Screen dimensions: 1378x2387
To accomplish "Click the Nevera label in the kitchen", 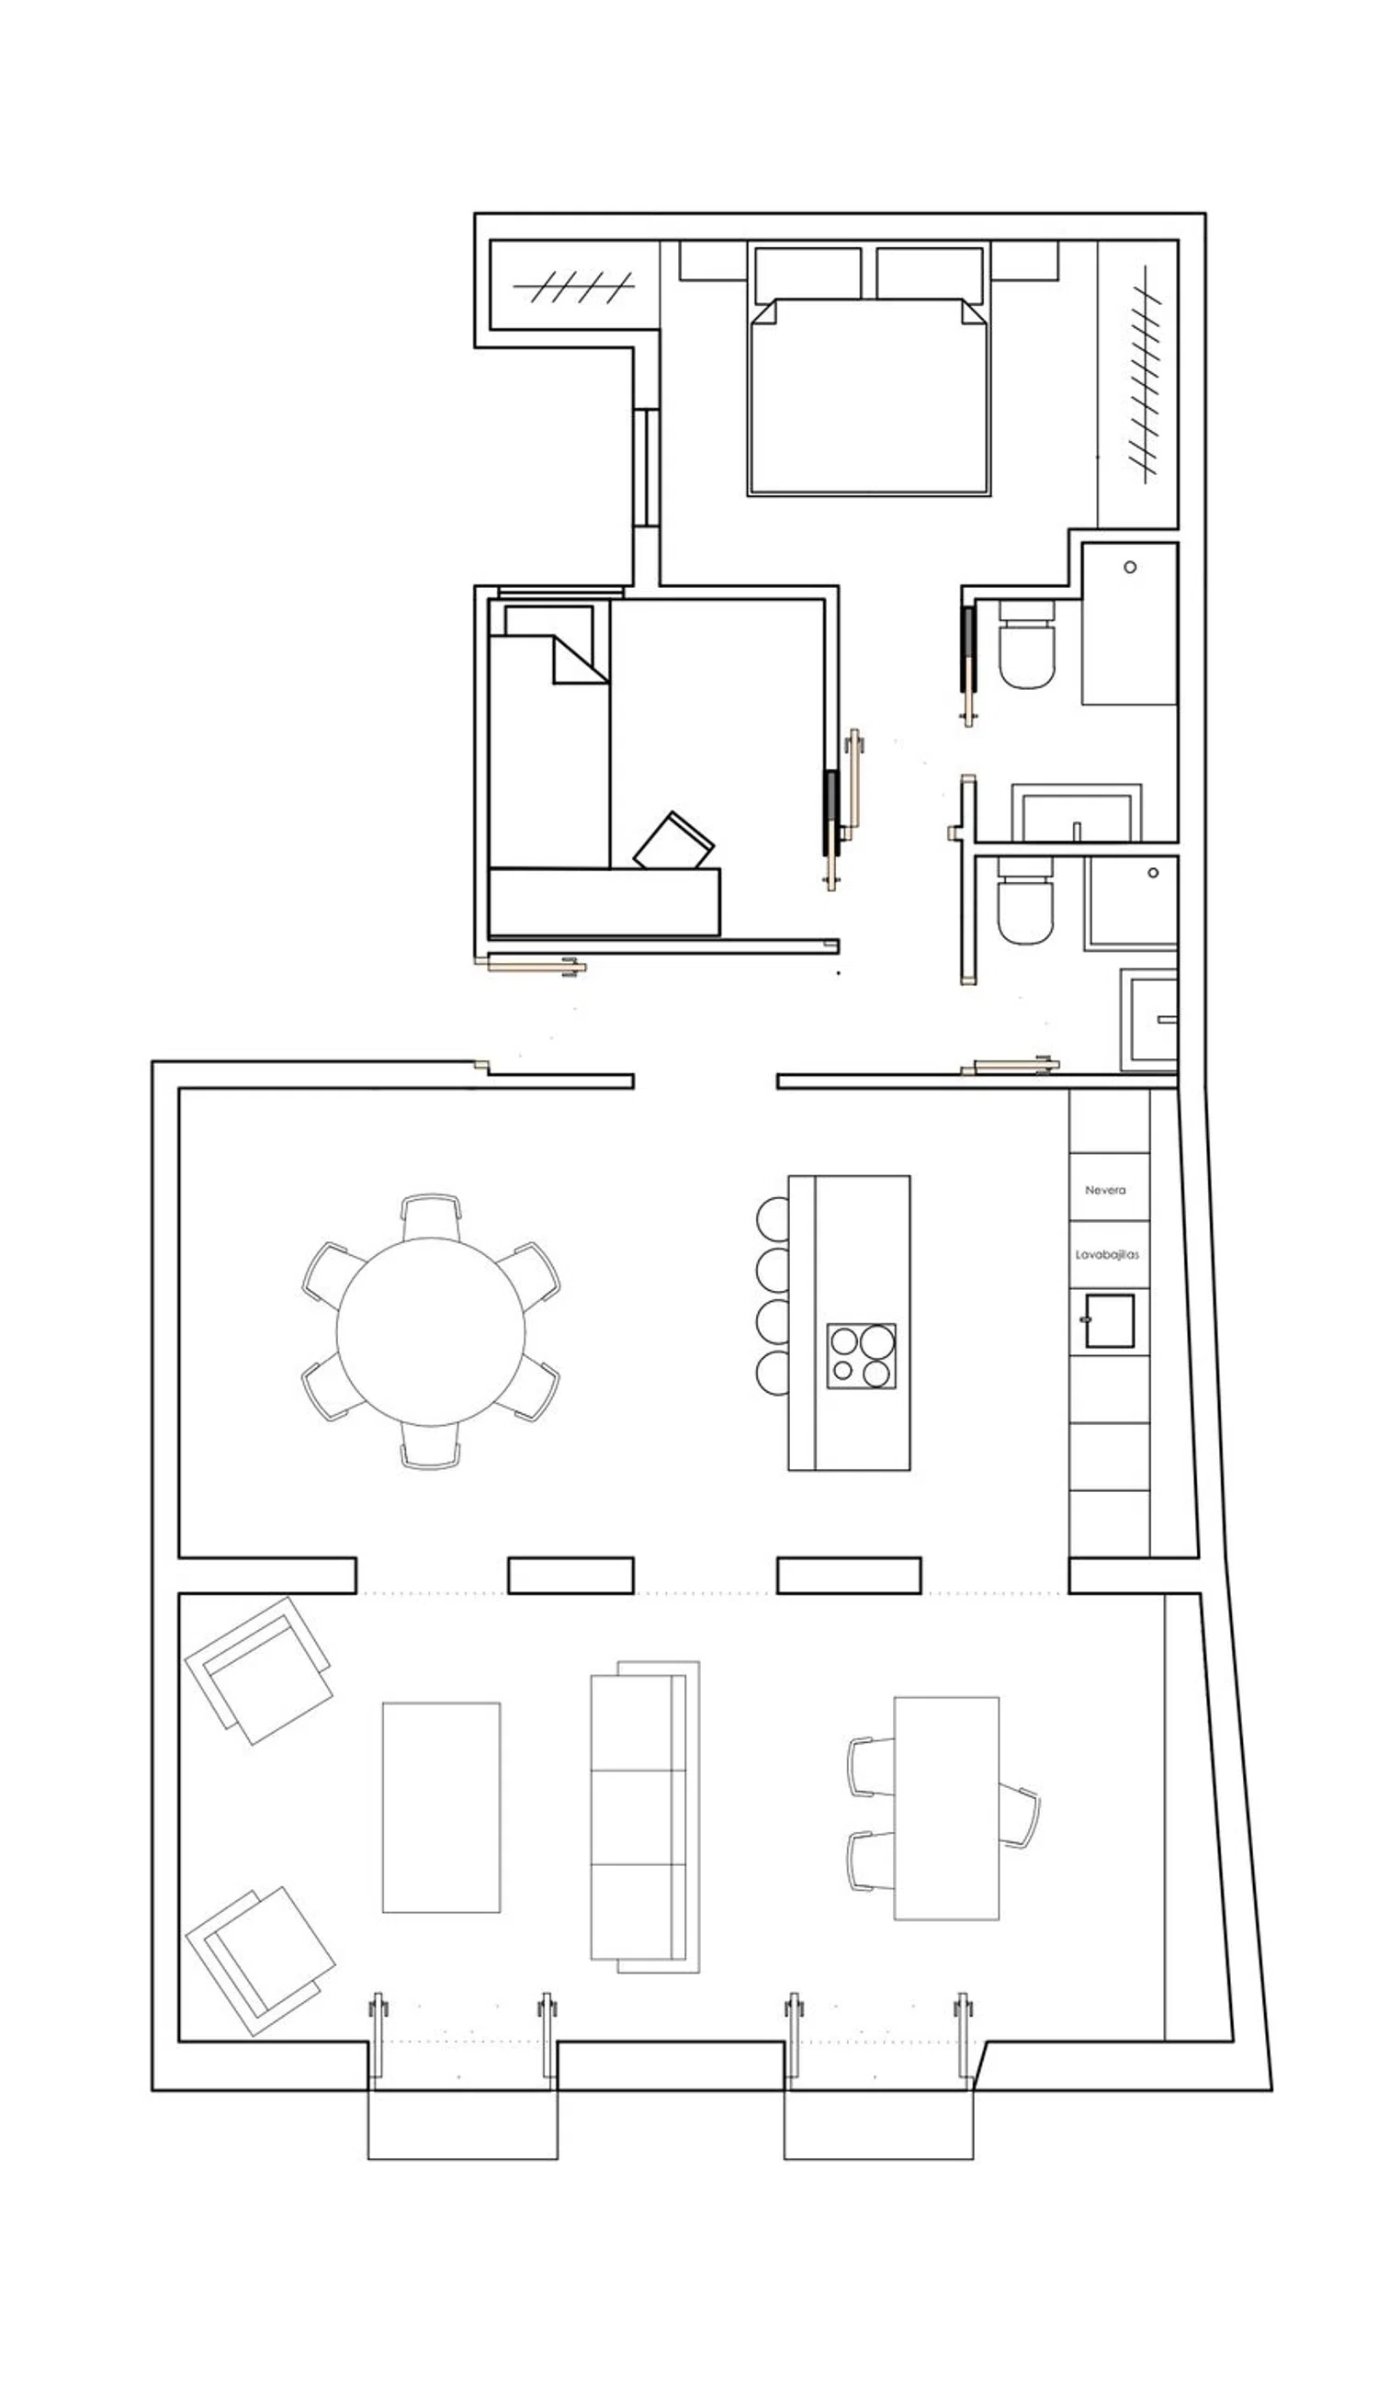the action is pyautogui.click(x=1104, y=1190).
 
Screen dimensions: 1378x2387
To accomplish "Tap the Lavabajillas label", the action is pyautogui.click(x=1106, y=1254).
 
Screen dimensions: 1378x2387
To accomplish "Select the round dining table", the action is pyautogui.click(x=431, y=1330).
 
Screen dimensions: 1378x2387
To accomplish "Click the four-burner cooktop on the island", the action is pyautogui.click(x=862, y=1356).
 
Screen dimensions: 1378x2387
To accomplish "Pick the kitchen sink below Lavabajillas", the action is pyautogui.click(x=1108, y=1320).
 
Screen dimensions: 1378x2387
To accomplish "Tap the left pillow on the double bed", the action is pyautogui.click(x=808, y=274).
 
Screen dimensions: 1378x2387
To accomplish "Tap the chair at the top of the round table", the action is pyautogui.click(x=431, y=1216).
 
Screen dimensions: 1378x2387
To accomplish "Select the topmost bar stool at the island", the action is pyautogui.click(x=774, y=1218).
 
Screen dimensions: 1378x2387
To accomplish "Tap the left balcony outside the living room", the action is pyautogui.click(x=463, y=2123).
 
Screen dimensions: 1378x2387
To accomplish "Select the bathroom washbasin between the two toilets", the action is pyautogui.click(x=1076, y=812).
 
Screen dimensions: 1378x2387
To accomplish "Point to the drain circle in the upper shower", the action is pyautogui.click(x=1130, y=567).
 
